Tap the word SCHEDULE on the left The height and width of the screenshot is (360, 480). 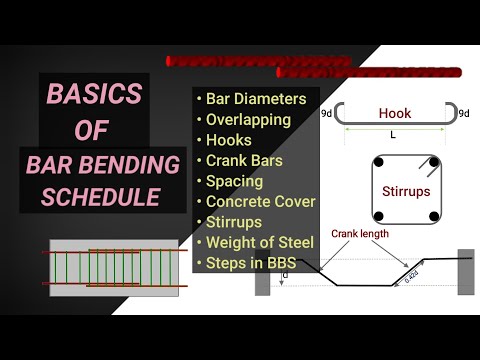point(100,197)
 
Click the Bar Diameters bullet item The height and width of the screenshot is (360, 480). point(251,99)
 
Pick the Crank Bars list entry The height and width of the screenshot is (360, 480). point(246,160)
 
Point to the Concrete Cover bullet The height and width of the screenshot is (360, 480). point(260,201)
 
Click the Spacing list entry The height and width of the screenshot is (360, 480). point(234,181)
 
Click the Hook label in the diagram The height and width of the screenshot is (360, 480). point(394,114)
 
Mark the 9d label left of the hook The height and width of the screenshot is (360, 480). point(327,114)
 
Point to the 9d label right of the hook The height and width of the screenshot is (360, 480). point(463,114)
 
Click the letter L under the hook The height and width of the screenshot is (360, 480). point(392,134)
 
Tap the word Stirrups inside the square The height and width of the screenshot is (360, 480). point(407,188)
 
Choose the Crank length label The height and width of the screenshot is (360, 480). point(363,235)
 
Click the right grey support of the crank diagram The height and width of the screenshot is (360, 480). point(466,271)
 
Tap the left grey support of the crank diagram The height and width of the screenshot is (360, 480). point(263,272)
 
